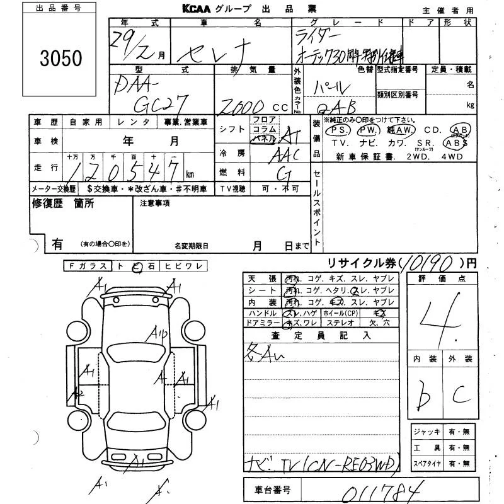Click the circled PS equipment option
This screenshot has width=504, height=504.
pos(340,130)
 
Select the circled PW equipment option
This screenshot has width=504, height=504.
pos(367,130)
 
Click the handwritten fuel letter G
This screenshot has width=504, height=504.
pos(284,171)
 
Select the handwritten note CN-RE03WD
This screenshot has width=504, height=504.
pos(362,466)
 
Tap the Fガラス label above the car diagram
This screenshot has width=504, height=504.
pos(88,266)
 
